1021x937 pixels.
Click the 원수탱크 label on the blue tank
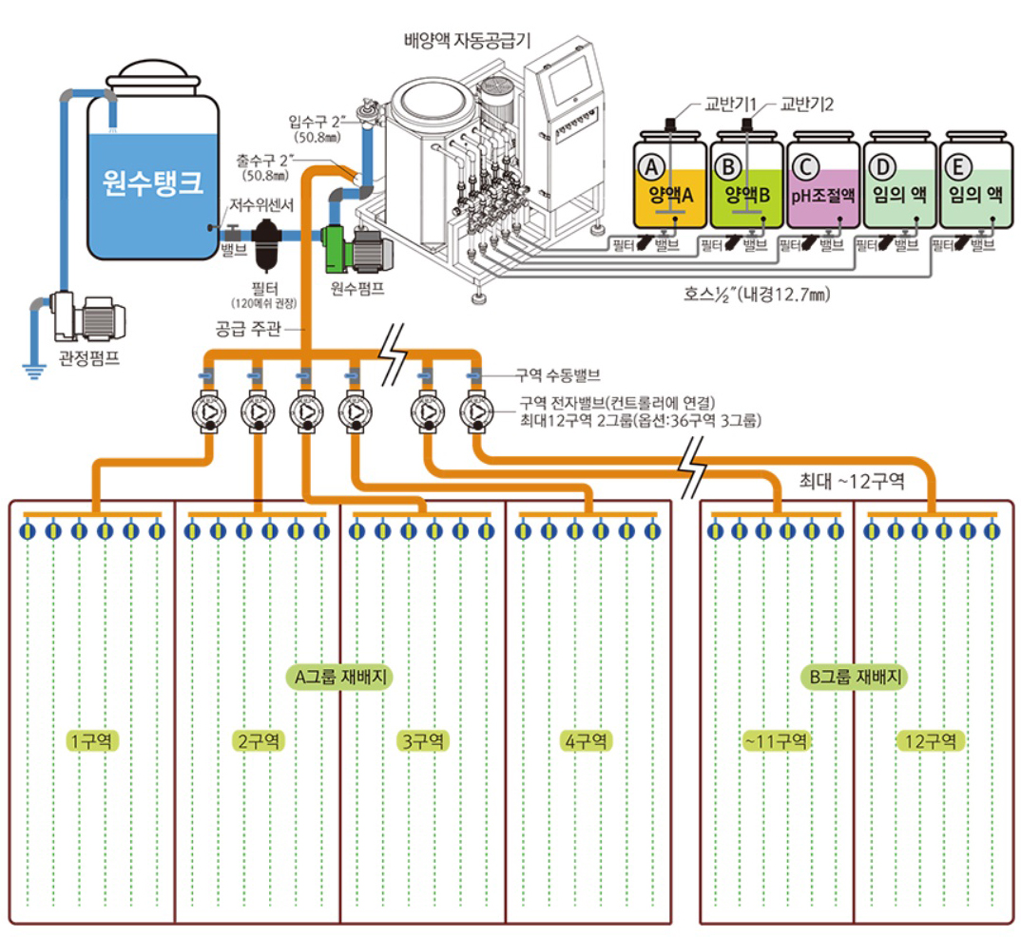click(152, 182)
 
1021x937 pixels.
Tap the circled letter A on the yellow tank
click(651, 168)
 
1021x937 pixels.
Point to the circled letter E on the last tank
click(959, 168)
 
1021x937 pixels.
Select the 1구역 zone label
click(91, 740)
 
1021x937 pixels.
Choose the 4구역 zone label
click(586, 740)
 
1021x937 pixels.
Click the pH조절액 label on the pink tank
click(823, 196)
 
